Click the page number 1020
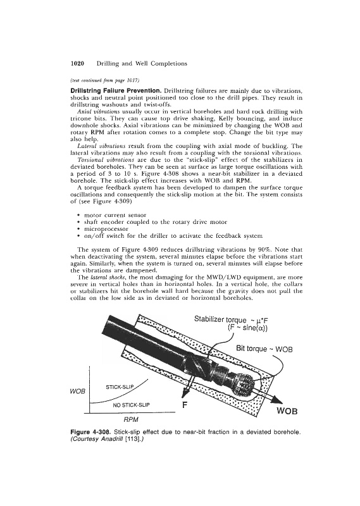(x=77, y=64)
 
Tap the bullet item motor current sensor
(x=115, y=215)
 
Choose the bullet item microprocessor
(x=106, y=229)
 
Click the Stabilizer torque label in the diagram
(x=220, y=319)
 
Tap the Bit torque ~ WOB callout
(x=264, y=349)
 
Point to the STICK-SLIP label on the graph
(x=120, y=386)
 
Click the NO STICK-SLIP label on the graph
(x=132, y=405)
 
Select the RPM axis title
(x=131, y=419)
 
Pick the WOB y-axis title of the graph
(x=77, y=392)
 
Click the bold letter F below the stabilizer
(x=185, y=405)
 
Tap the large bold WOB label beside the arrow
(x=287, y=412)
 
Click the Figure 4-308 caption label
(x=91, y=432)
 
